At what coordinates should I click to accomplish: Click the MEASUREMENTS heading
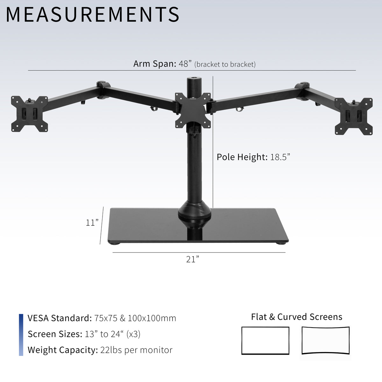coord(92,14)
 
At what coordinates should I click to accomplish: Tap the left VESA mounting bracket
coord(29,114)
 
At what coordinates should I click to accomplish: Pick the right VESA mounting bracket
coord(353,116)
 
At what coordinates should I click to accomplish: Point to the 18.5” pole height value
coord(280,157)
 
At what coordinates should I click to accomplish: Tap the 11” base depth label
coord(92,223)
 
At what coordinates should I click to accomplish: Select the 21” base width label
coord(193,259)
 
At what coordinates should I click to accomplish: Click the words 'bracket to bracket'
coord(225,64)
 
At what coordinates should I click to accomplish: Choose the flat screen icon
coord(265,340)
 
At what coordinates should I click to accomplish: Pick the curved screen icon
coord(325,340)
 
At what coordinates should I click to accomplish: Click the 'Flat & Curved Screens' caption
coord(296,317)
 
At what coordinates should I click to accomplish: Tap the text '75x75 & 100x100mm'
coord(135,318)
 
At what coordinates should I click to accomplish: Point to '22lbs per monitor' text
coord(136,350)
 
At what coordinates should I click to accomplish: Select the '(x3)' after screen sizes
coord(133,334)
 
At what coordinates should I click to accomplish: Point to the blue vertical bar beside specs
coord(21,335)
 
